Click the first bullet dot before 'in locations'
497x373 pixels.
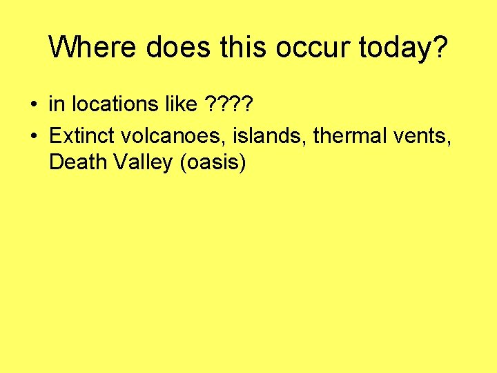(x=33, y=106)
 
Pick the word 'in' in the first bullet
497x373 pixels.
(x=55, y=105)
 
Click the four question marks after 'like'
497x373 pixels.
(x=230, y=105)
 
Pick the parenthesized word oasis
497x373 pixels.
(x=212, y=164)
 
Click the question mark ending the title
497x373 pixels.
(x=439, y=47)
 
